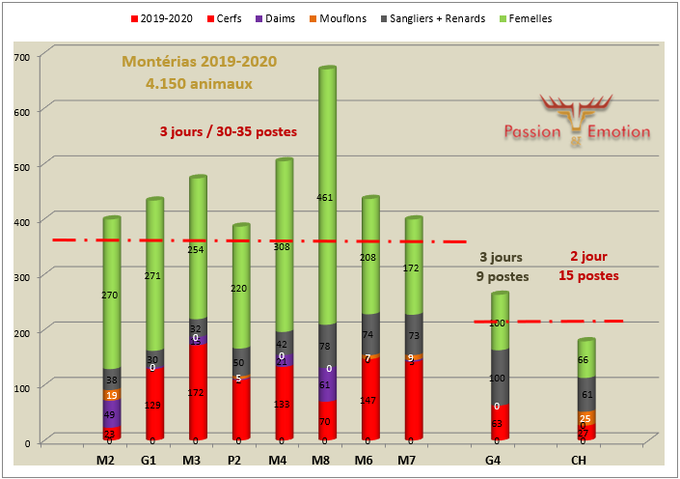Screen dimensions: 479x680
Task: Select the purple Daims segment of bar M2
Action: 112,414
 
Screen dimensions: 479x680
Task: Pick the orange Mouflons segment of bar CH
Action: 585,417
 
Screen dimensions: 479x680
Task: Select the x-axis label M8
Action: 320,461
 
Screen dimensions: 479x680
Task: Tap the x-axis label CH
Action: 580,461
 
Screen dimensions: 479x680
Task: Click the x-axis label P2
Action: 234,461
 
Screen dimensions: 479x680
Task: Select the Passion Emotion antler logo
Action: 577,114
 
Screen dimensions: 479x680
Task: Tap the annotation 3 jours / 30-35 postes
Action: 229,132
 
